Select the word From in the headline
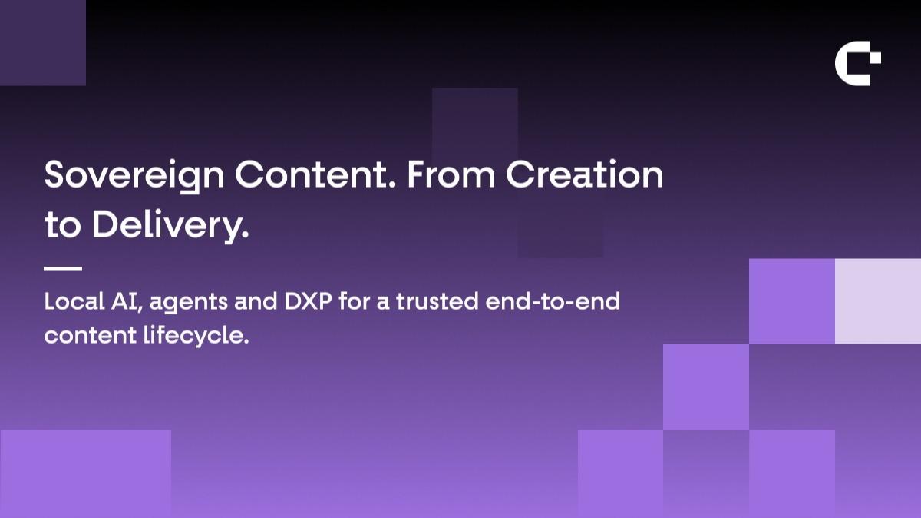pyautogui.click(x=451, y=174)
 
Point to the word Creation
pyautogui.click(x=584, y=174)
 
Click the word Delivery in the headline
pyautogui.click(x=170, y=227)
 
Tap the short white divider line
pyautogui.click(x=63, y=268)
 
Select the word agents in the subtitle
pyautogui.click(x=188, y=304)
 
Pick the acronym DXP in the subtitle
pyautogui.click(x=308, y=301)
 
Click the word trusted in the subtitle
pyautogui.click(x=437, y=301)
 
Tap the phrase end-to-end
pyautogui.click(x=553, y=301)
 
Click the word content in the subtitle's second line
pyautogui.click(x=90, y=336)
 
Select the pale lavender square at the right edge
pyautogui.click(x=878, y=301)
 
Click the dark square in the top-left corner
pyautogui.click(x=43, y=43)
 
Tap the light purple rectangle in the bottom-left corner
pyautogui.click(x=85, y=474)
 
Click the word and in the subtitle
pyautogui.click(x=256, y=301)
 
